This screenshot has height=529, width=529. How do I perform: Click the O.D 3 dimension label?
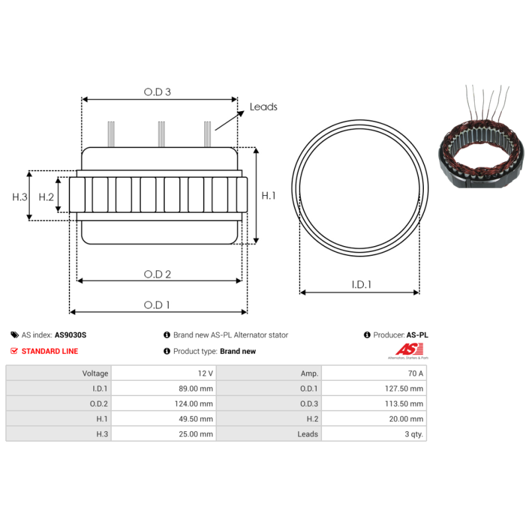coord(157,92)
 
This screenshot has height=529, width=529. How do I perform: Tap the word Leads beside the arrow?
coord(263,107)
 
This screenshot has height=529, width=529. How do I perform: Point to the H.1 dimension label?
coord(268,196)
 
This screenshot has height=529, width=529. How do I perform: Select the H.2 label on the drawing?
coord(46,197)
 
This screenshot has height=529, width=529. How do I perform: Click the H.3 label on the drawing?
coord(20,197)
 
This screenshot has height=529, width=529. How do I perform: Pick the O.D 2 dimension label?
coord(157,274)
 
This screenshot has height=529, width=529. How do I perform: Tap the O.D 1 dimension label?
coord(157,305)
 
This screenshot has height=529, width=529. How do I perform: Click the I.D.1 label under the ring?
coord(361,285)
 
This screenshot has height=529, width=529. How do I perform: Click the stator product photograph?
coord(481,136)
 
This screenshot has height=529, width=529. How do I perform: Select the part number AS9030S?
coord(71,335)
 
